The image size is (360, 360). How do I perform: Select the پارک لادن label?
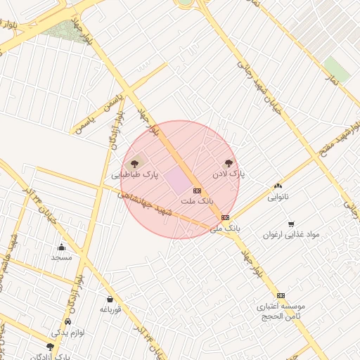228,174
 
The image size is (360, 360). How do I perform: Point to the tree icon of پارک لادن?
228,163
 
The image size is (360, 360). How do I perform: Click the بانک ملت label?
197,201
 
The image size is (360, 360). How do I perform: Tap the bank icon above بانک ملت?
197,191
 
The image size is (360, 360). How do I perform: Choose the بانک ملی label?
225,229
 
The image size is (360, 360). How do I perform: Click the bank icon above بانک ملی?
225,218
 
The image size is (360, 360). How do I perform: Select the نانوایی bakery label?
278,197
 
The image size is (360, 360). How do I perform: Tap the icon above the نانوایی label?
278,186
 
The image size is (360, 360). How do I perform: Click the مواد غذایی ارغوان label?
290,235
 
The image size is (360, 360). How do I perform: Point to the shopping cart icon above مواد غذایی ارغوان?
290,224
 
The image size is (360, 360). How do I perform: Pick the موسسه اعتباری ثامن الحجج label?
281,311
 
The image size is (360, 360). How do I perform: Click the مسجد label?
62,257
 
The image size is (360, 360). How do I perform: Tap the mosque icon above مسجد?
62,247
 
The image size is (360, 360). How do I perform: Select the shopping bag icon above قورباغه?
109,299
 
